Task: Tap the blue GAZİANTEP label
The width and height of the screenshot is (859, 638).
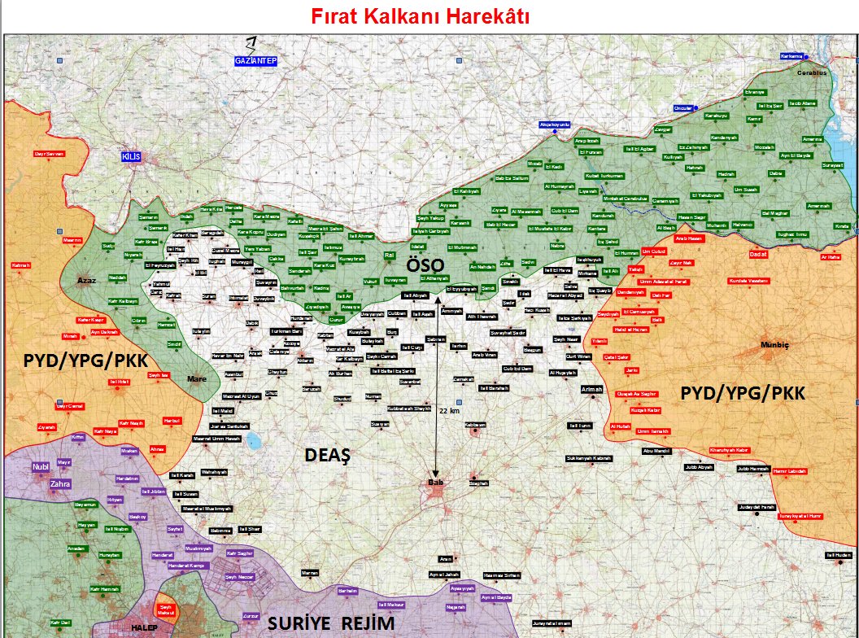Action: pos(255,61)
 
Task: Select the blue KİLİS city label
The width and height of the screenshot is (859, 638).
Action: pos(133,155)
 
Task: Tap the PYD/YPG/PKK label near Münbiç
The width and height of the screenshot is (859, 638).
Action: pos(743,394)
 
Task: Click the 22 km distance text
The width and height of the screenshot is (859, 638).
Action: pos(449,411)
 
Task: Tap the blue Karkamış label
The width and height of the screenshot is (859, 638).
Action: pos(791,56)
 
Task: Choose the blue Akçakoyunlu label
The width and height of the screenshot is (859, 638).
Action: pos(556,125)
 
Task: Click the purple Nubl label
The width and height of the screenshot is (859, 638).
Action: pos(41,466)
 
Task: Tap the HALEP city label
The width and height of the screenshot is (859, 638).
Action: pos(143,627)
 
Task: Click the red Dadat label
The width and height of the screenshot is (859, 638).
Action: pos(758,253)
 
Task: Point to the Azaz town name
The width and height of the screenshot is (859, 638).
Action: pos(87,281)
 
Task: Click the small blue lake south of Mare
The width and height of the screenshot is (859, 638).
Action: pos(253,442)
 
